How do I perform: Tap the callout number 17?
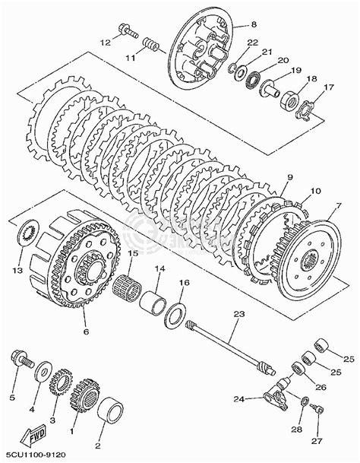click(329, 87)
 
